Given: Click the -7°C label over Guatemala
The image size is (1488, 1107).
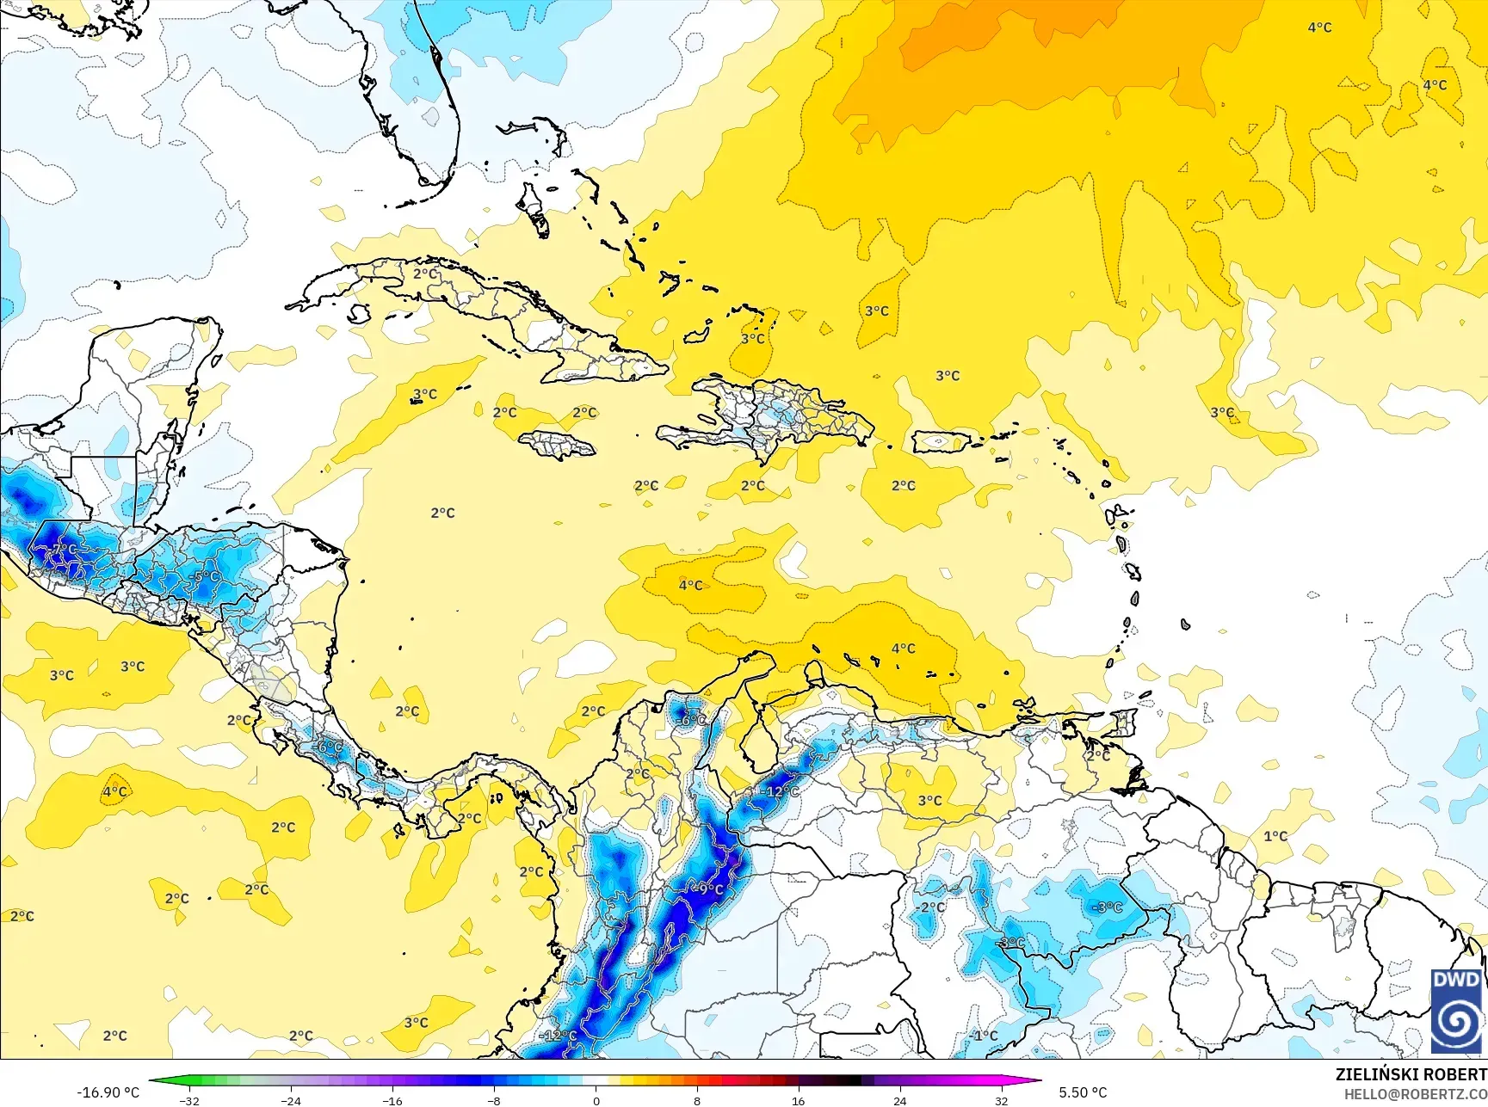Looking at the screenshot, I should pos(64,549).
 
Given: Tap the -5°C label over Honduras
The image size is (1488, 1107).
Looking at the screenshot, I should pos(206,577).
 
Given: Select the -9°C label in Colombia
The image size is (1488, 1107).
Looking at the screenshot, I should pos(709,889).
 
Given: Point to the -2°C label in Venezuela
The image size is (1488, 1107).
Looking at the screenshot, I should pos(929,907).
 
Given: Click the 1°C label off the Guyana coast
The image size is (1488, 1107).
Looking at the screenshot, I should pos(1275,836).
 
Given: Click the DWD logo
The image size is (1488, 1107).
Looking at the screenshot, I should pos(1456,1011).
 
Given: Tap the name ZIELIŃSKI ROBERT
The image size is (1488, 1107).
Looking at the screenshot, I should pos(1411,1074).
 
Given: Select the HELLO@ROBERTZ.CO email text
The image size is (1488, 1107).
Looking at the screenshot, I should pos(1416,1094).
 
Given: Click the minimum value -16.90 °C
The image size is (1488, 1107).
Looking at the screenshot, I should pos(108,1092).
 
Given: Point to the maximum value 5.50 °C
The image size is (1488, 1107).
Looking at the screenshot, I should pos(1083,1092).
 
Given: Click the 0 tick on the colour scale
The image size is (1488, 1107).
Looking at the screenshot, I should pos(596,1101).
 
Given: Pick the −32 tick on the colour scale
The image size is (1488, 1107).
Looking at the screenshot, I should pos(189,1101).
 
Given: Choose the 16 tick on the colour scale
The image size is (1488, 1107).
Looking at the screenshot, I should pos(798,1101).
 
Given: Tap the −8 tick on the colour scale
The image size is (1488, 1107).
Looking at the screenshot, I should pos(493,1101).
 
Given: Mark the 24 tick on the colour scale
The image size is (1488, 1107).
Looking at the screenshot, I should pos(899,1101).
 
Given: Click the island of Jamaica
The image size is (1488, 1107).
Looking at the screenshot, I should pos(558,445).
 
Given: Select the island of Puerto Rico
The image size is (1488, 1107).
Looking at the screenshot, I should pos(942,441).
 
